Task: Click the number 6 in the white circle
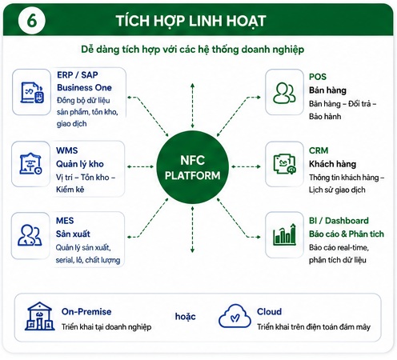coord(32,21)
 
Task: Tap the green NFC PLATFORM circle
coord(192,167)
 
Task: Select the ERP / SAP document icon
coord(32,93)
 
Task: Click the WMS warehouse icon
coord(30,164)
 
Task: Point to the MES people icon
coord(30,235)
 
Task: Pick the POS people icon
coord(284,93)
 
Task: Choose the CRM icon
coord(285,164)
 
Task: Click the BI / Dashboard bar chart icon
coord(284,234)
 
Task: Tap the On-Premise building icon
coord(39,316)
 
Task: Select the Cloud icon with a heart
coord(235,316)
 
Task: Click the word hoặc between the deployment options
coord(185,316)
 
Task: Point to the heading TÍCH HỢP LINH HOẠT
coord(190,21)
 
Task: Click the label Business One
coord(84,87)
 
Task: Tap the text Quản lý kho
coord(80,164)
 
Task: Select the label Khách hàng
coord(332,164)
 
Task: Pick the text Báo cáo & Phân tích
coord(347,234)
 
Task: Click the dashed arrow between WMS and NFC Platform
coord(140,167)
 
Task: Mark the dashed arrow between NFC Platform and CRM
coord(246,167)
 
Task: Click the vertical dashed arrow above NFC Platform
coord(192,106)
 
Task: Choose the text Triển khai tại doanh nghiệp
coord(106,327)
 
